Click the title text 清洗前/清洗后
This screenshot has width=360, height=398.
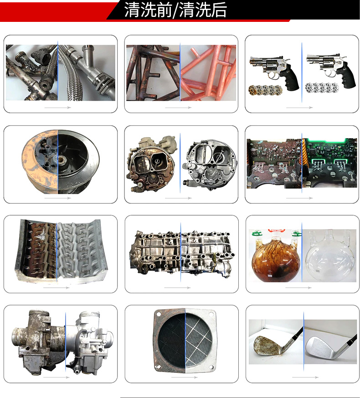pyautogui.click(x=175, y=10)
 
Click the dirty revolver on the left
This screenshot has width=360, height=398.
pyautogui.click(x=274, y=71)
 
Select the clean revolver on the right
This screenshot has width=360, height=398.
pyautogui.click(x=330, y=70)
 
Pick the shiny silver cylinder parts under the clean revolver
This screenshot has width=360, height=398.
pyautogui.click(x=322, y=88)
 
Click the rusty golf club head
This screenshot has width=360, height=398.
pyautogui.click(x=267, y=345)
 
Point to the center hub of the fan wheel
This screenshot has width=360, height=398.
pyautogui.click(x=61, y=160)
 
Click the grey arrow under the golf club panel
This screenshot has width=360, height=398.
pyautogui.click(x=305, y=377)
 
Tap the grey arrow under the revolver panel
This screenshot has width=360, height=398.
pyautogui.click(x=299, y=108)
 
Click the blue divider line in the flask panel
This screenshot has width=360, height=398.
pyautogui.click(x=302, y=252)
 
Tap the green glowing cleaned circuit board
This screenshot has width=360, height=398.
pyautogui.click(x=329, y=163)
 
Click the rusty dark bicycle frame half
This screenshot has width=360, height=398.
pyautogui.click(x=153, y=73)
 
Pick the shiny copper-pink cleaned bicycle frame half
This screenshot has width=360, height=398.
pyautogui.click(x=208, y=73)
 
